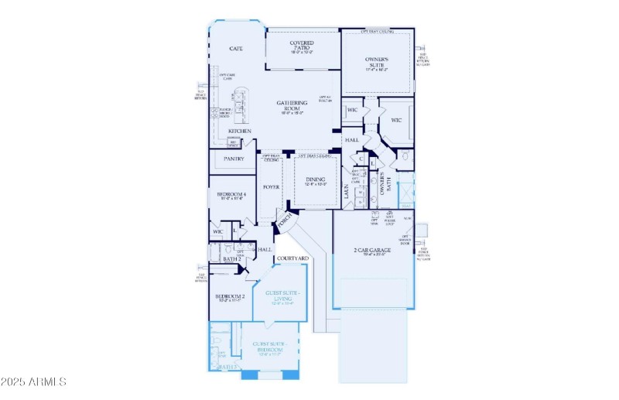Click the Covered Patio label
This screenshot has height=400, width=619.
pos(303,46)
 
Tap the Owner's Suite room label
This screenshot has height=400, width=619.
pos(377,62)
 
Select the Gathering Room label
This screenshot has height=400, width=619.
pos(292,105)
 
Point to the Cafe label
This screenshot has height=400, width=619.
pos(237,49)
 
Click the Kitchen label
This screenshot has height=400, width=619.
pos(239,132)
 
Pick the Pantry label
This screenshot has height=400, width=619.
pos(234,159)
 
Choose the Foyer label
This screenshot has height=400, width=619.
pos(271,187)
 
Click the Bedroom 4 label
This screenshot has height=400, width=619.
pos(231,194)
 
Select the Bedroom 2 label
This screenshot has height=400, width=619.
pos(230,297)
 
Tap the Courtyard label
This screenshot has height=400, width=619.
pos(292,258)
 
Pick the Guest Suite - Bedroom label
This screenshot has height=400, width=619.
pos(268,346)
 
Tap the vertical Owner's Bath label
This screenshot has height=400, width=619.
pos(390,183)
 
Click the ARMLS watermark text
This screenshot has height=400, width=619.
pos(35,381)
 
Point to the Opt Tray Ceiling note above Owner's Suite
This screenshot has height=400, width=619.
pos(378,32)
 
